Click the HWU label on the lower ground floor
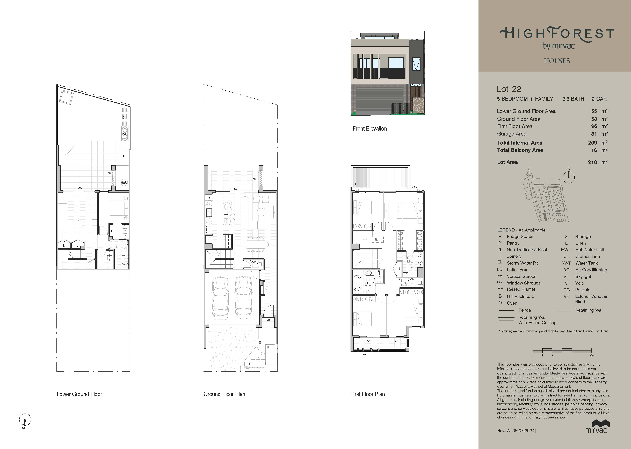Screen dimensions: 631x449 pyautogui.click(x=124, y=182)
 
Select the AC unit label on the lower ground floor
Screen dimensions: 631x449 pyautogui.click(x=125, y=156)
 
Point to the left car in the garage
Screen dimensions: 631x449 pyautogui.click(x=220, y=298)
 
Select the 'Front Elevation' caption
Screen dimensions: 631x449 pyautogui.click(x=370, y=129)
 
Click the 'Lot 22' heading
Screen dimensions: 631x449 pyautogui.click(x=509, y=89)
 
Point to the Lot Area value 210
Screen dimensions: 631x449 pyautogui.click(x=592, y=162)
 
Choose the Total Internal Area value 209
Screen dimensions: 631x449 pyautogui.click(x=592, y=143)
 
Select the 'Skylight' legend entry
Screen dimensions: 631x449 pyautogui.click(x=583, y=276)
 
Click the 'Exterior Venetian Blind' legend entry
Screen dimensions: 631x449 pyautogui.click(x=592, y=299)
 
